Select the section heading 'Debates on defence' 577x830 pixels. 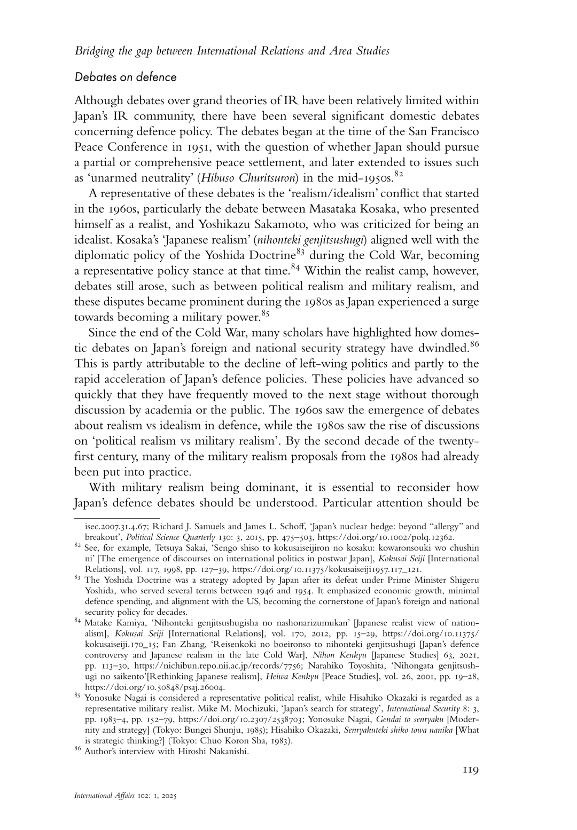126,77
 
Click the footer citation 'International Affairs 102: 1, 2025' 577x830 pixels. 126,810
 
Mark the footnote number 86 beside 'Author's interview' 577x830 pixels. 77,750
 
